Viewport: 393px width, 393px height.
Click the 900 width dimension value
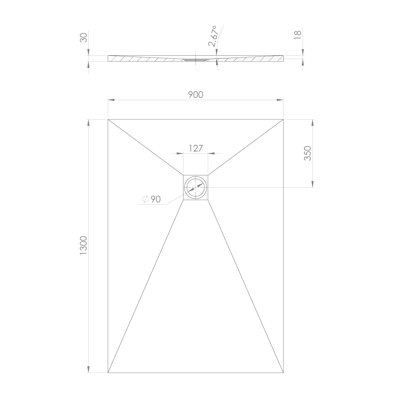(x=195, y=95)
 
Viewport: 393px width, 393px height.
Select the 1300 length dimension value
(x=83, y=245)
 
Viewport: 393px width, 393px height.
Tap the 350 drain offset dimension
(x=307, y=153)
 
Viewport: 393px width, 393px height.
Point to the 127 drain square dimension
(x=195, y=149)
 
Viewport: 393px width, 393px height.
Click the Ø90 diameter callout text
(x=151, y=199)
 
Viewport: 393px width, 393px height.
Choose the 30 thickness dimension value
(x=83, y=38)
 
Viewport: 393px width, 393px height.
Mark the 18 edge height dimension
(x=297, y=35)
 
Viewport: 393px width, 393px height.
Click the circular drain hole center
(x=195, y=187)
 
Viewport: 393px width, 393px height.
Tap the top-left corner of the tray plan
(x=108, y=120)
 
